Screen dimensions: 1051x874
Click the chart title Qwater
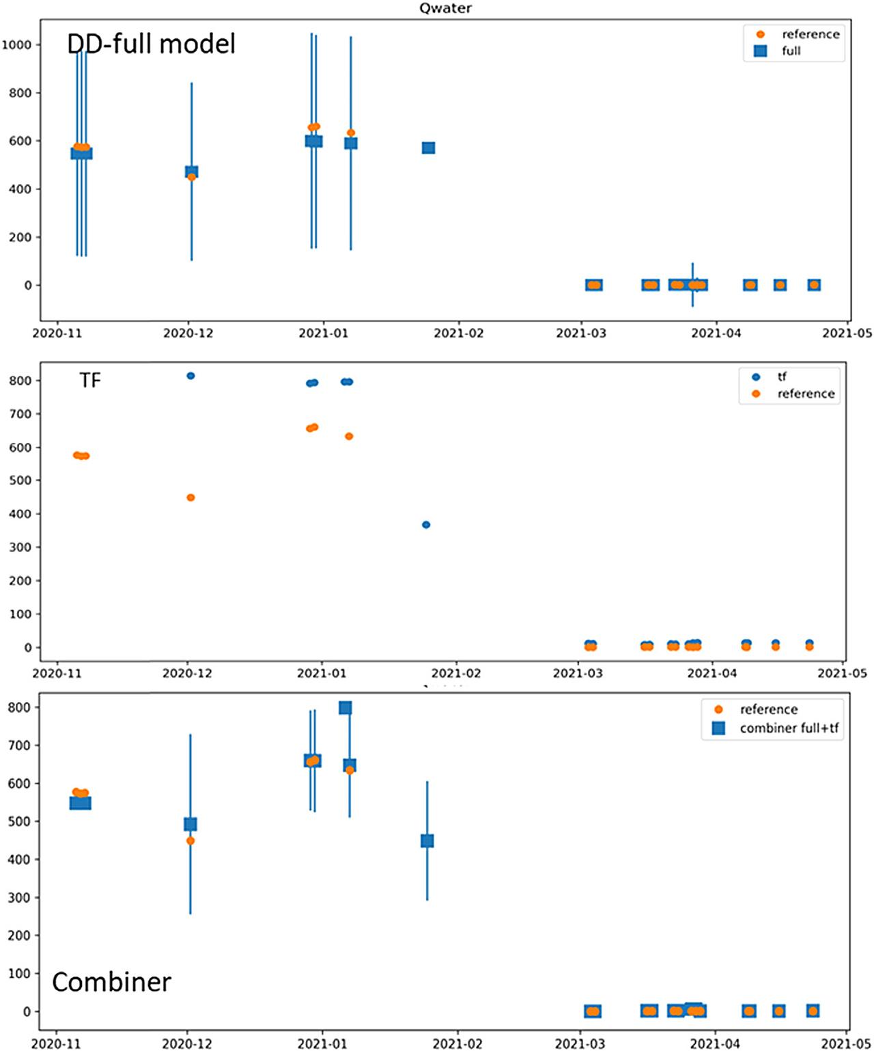point(445,8)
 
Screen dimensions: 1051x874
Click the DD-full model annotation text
point(151,44)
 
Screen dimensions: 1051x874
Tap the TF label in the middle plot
point(90,380)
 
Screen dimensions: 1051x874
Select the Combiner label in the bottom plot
point(111,982)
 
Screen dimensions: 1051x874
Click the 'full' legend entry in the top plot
point(791,51)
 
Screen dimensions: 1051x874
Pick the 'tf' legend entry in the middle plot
point(782,377)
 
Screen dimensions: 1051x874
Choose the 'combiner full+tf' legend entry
point(789,728)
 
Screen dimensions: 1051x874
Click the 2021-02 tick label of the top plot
point(458,333)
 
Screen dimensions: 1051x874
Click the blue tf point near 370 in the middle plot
point(426,525)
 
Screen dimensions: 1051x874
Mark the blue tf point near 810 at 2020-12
point(191,376)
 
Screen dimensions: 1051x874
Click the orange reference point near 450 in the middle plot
point(191,497)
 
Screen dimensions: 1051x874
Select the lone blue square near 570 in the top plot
point(428,148)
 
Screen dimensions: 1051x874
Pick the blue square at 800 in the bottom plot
point(346,708)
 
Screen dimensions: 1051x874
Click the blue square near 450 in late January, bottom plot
point(427,841)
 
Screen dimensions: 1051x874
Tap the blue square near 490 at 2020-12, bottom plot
point(191,824)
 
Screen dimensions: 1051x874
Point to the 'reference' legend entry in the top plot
point(810,34)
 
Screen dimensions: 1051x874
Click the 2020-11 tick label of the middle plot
point(57,674)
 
